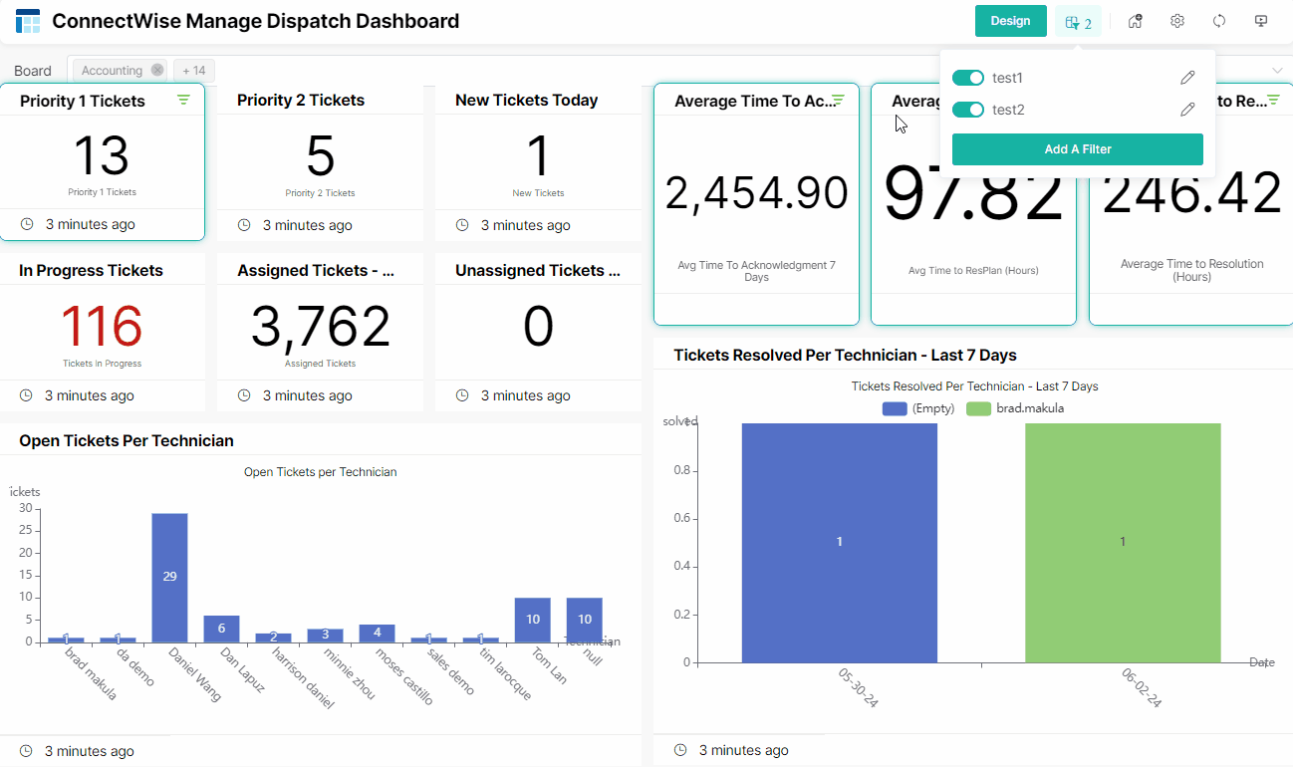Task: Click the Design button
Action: point(1010,21)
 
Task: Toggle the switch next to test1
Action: point(967,78)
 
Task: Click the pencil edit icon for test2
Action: point(1186,110)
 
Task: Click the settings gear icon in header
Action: point(1177,21)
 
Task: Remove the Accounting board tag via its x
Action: point(157,71)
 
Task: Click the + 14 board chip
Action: point(194,71)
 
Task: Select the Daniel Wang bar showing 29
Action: point(169,577)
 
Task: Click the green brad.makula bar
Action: point(1123,542)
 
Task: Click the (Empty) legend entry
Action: point(918,408)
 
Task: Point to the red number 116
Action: point(102,327)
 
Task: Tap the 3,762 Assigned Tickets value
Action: point(320,327)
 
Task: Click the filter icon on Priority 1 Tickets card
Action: point(183,100)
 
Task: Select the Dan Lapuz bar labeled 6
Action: point(221,629)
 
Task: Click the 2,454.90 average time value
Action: point(756,193)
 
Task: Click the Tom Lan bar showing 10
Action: point(533,620)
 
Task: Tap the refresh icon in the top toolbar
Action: point(1219,21)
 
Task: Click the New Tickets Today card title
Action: point(526,100)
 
